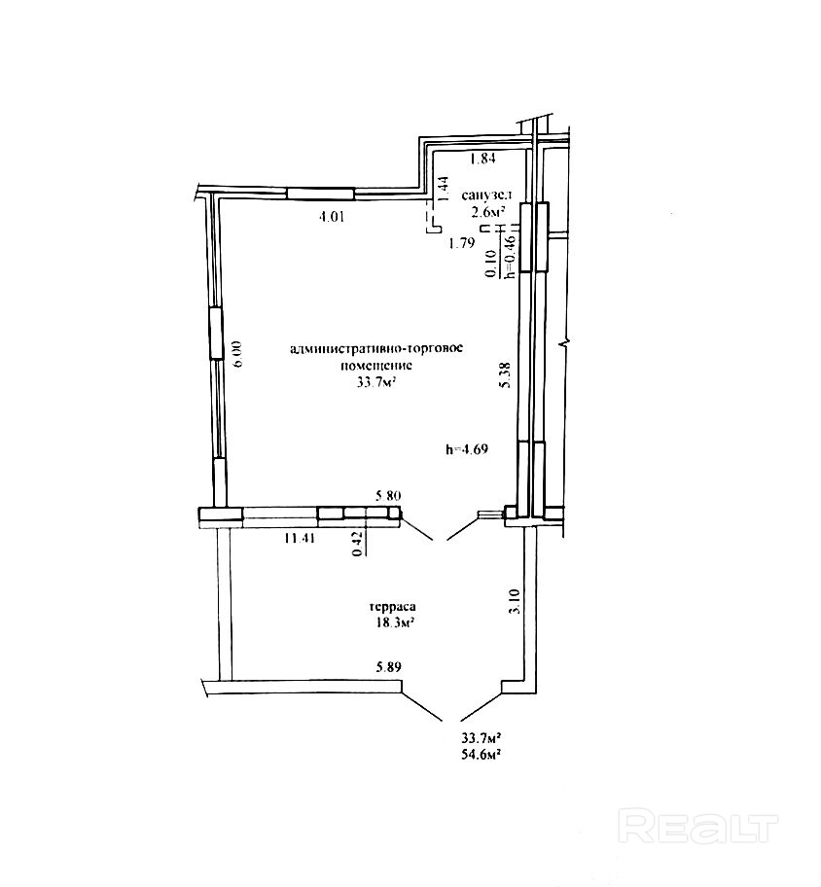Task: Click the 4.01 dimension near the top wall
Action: [332, 216]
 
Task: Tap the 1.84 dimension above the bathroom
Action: [483, 159]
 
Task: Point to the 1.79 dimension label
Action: [461, 244]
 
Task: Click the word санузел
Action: [486, 195]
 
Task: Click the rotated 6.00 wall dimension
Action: [236, 354]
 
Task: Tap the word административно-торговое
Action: [376, 348]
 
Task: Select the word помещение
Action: [376, 366]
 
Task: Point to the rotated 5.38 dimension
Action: [507, 374]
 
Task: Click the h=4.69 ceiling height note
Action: [467, 449]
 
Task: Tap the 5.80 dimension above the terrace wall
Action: [388, 496]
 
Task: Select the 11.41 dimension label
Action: [300, 538]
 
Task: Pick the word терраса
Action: [393, 607]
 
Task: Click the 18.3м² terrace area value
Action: [393, 622]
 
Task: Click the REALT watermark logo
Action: [698, 826]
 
